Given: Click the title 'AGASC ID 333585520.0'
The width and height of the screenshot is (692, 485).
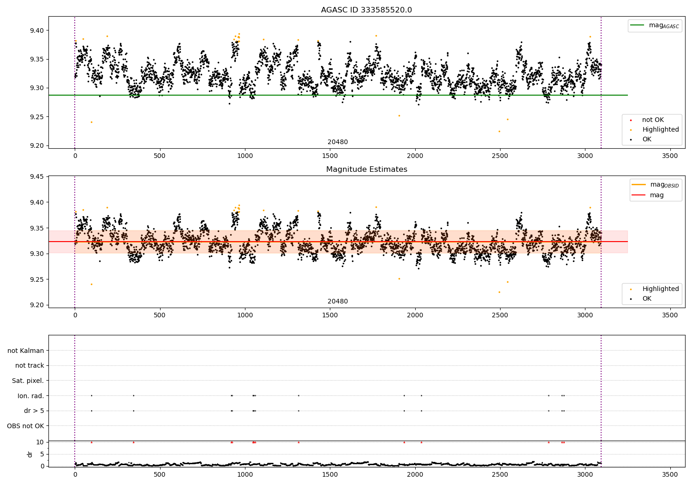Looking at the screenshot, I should [366, 10].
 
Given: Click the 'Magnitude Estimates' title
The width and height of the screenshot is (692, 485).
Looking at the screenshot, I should [366, 170].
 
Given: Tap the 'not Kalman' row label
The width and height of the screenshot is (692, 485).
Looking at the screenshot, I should [26, 351].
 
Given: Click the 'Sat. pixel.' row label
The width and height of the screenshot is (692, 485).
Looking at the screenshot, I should [28, 381].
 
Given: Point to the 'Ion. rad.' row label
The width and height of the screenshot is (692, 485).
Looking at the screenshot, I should [31, 396].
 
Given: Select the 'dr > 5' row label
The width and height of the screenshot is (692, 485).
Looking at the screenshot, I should [34, 411].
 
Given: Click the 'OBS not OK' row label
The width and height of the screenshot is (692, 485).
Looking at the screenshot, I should [26, 426].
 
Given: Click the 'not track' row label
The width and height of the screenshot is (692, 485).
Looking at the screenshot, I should [30, 366].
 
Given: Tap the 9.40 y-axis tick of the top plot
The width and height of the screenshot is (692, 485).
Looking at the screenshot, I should [36, 30].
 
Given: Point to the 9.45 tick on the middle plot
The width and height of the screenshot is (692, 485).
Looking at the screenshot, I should [36, 177].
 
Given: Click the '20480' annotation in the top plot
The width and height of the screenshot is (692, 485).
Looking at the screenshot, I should [338, 142].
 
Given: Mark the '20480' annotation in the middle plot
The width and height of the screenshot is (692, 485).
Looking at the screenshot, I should [338, 302].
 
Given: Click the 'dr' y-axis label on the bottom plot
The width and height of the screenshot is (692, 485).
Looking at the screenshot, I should [30, 454].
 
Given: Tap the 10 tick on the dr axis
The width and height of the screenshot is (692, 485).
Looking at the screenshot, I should [40, 442].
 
